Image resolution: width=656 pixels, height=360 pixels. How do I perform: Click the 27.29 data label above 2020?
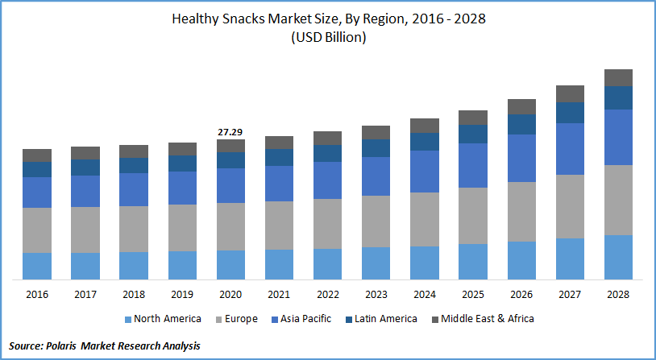[230, 131]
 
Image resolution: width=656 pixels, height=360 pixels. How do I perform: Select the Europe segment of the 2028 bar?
[618, 200]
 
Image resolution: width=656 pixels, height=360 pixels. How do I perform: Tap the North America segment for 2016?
[37, 266]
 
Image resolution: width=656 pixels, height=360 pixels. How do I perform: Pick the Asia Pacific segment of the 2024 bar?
[425, 172]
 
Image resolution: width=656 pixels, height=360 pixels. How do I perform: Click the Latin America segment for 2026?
[521, 124]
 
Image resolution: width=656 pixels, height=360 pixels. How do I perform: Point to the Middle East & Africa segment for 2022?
[327, 138]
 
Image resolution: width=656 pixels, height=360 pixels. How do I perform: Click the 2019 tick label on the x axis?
[182, 295]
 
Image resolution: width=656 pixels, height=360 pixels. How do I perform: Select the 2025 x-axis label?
[473, 295]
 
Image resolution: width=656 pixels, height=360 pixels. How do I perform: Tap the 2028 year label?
[618, 295]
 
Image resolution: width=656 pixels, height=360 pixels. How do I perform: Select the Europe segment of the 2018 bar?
[134, 229]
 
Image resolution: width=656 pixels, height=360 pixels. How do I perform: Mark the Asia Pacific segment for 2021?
[279, 184]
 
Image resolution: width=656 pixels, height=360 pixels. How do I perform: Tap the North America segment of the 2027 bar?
[570, 259]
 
